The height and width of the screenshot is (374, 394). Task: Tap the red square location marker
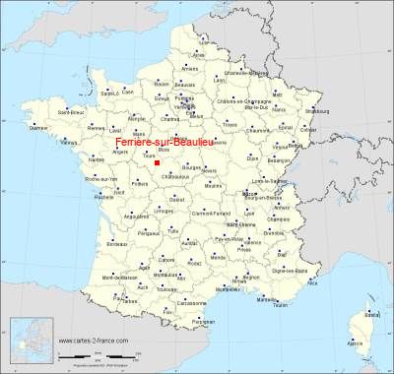point(157,164)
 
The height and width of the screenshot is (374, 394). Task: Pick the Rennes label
point(95,126)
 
